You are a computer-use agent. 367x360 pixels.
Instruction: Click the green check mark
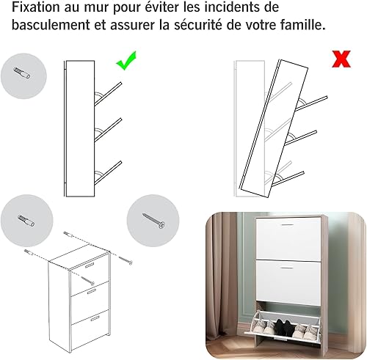pyautogui.click(x=126, y=61)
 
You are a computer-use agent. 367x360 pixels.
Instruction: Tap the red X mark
pyautogui.click(x=341, y=59)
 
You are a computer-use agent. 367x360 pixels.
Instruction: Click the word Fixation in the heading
pyautogui.click(x=36, y=7)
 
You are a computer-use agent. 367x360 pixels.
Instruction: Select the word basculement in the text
pyautogui.click(x=51, y=25)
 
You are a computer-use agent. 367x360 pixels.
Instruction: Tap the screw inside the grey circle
pyautogui.click(x=153, y=221)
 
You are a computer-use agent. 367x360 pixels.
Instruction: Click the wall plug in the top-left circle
pyautogui.click(x=22, y=73)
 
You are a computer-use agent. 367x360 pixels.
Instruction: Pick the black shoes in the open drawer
pyautogui.click(x=284, y=326)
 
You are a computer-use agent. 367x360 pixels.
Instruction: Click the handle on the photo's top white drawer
pyautogui.click(x=287, y=224)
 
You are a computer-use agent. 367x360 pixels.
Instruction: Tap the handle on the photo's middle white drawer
pyautogui.click(x=287, y=268)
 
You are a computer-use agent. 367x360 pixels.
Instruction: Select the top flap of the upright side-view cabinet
pyautogui.click(x=108, y=94)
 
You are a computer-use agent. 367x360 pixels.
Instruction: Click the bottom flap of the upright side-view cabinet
pyautogui.click(x=108, y=173)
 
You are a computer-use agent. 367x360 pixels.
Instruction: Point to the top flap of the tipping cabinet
pyautogui.click(x=311, y=103)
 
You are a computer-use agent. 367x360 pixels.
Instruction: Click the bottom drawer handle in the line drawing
pyautogui.click(x=95, y=318)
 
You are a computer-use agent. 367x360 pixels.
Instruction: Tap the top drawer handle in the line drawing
pyautogui.click(x=90, y=265)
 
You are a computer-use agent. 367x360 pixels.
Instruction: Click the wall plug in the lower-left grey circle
pyautogui.click(x=26, y=221)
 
